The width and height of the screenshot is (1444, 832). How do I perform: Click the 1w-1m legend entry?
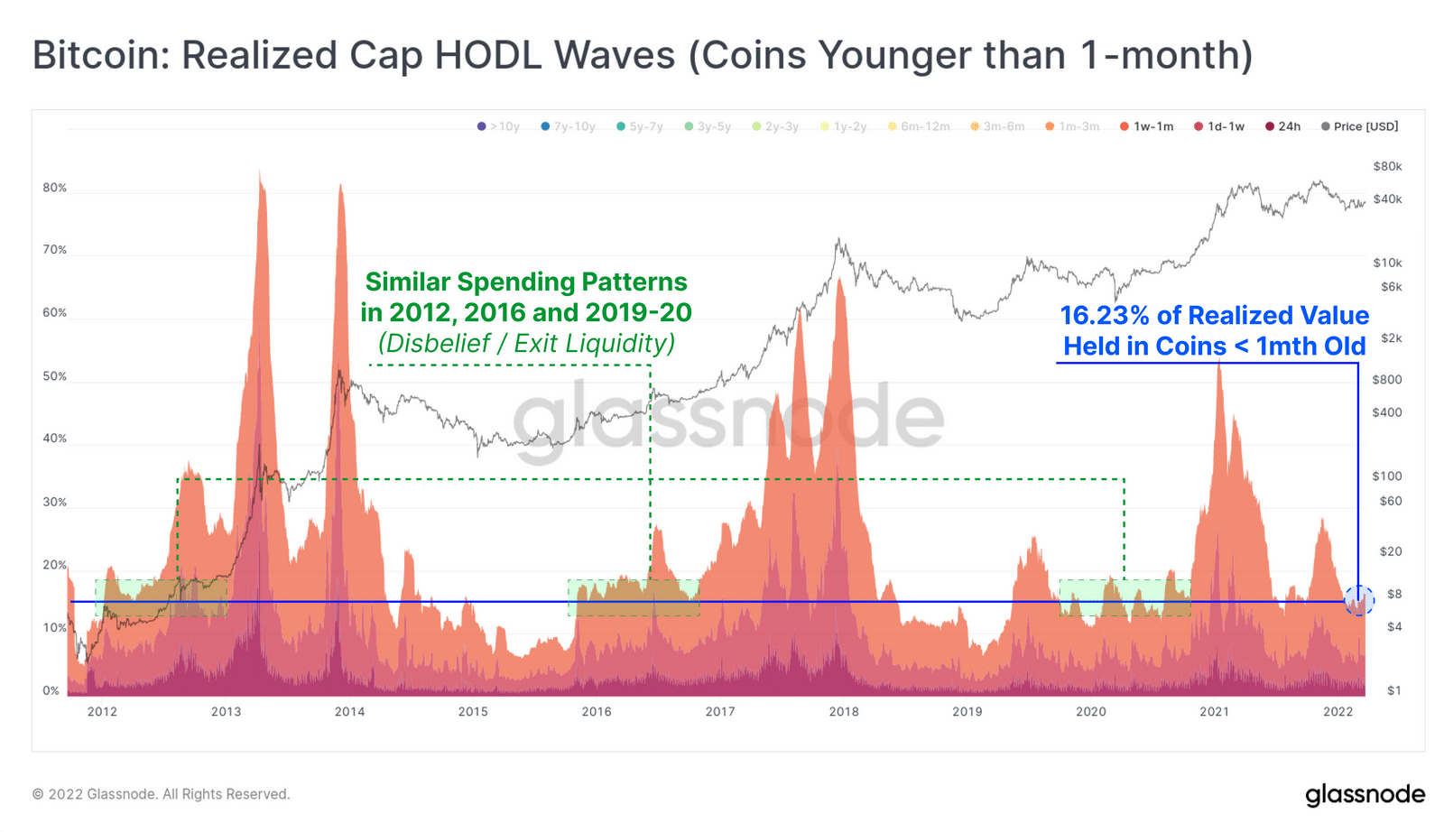pyautogui.click(x=1147, y=126)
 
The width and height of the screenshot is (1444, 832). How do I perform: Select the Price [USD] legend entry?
pyautogui.click(x=1360, y=126)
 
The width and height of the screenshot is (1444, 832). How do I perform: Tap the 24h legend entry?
pyautogui.click(x=1283, y=126)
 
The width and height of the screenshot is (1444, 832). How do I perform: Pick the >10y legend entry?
pyautogui.click(x=498, y=126)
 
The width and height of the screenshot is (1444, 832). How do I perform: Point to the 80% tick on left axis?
pyautogui.click(x=54, y=188)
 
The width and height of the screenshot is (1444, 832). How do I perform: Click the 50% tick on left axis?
pyautogui.click(x=54, y=376)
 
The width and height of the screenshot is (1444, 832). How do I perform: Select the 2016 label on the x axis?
pyautogui.click(x=597, y=711)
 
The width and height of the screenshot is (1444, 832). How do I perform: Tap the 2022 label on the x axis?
pyautogui.click(x=1338, y=711)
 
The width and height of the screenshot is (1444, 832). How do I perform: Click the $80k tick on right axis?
pyautogui.click(x=1387, y=166)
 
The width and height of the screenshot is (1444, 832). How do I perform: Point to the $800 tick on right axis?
pyautogui.click(x=1387, y=379)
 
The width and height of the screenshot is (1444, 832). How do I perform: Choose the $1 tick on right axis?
pyautogui.click(x=1394, y=690)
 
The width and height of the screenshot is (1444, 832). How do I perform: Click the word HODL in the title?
pyautogui.click(x=488, y=55)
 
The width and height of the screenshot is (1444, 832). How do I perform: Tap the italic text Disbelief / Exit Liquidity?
pyautogui.click(x=526, y=343)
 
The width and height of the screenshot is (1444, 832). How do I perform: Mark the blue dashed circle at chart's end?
pyautogui.click(x=1359, y=600)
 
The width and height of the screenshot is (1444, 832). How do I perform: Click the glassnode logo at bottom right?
pyautogui.click(x=1365, y=794)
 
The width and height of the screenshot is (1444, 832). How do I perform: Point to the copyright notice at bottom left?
pyautogui.click(x=162, y=794)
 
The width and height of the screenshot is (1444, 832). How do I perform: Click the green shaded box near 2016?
pyautogui.click(x=634, y=597)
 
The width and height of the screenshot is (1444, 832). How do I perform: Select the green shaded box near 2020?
pyautogui.click(x=1125, y=597)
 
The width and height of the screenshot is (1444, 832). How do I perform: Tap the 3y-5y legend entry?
pyautogui.click(x=708, y=126)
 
